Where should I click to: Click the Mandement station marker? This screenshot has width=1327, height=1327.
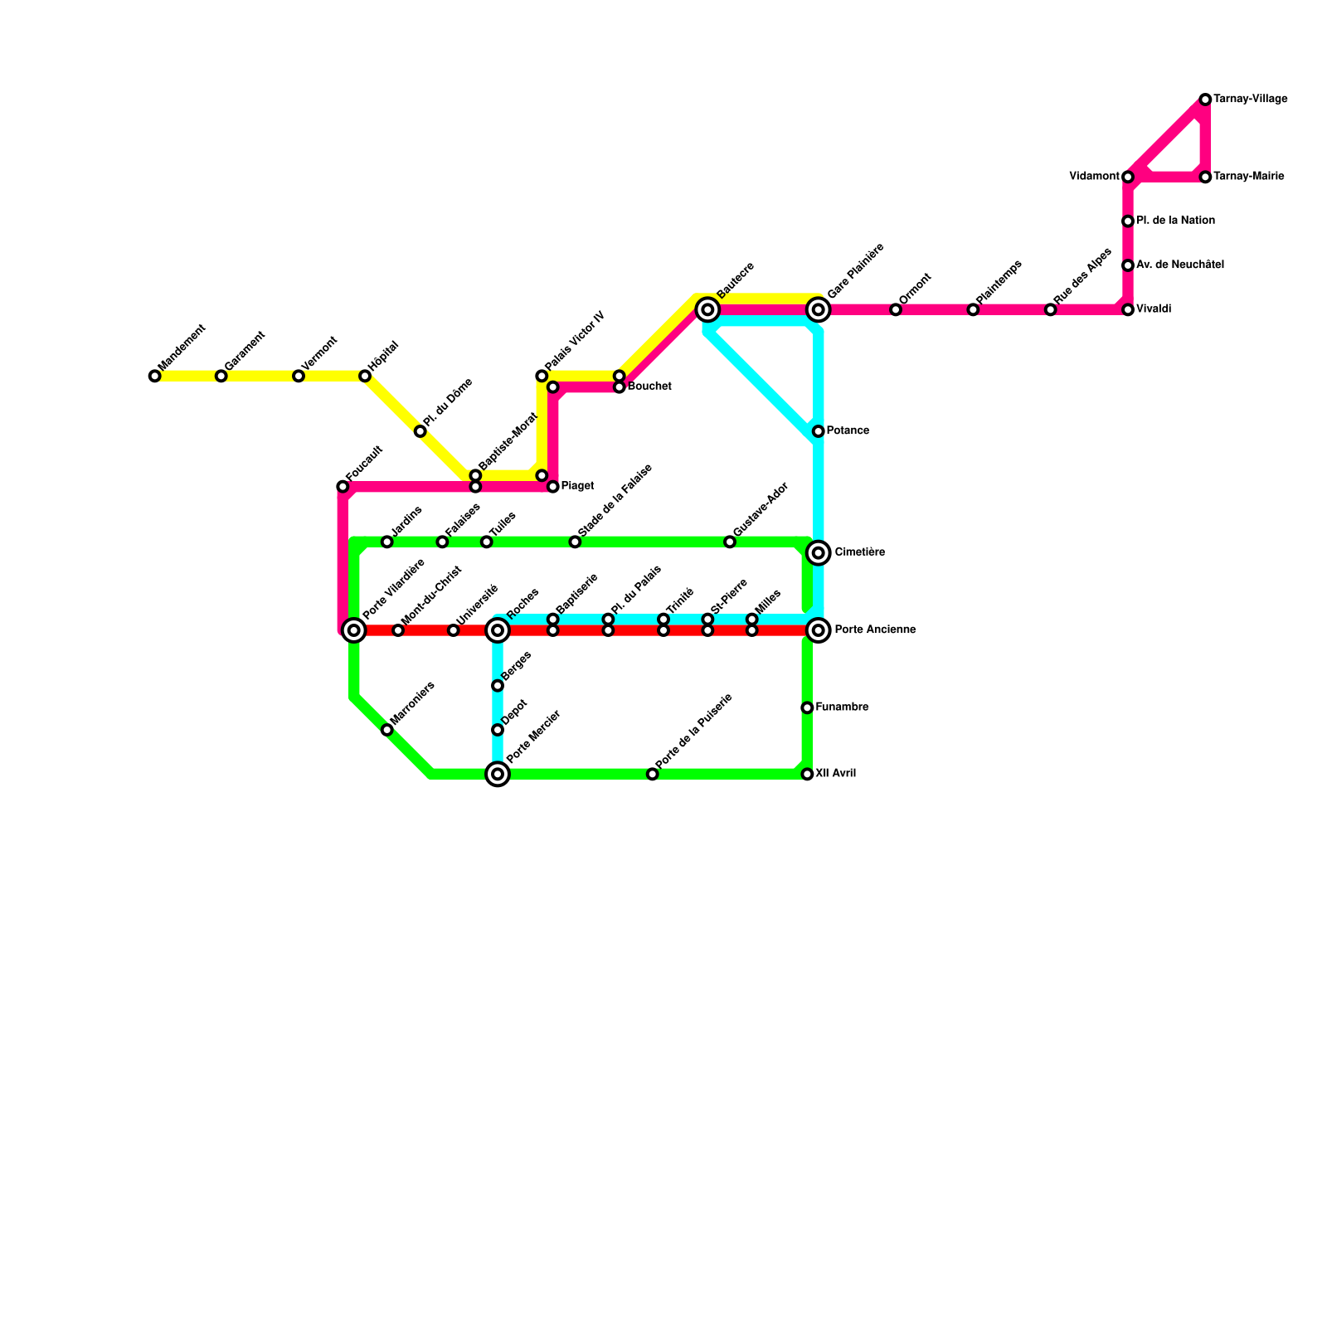tap(154, 377)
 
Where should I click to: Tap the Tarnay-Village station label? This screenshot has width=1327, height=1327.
tap(1250, 100)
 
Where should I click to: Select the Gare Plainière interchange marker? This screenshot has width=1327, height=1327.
tap(819, 310)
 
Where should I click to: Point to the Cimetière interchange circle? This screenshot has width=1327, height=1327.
tap(819, 553)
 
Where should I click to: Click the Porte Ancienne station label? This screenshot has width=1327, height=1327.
tap(875, 630)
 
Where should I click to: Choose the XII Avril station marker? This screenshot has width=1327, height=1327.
tap(807, 775)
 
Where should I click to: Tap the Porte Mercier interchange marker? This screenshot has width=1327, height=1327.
tap(498, 775)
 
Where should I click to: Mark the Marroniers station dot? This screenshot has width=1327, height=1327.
tap(386, 730)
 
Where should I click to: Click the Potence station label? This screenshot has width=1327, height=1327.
tap(848, 431)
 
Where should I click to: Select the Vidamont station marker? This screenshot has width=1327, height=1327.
tap(1128, 177)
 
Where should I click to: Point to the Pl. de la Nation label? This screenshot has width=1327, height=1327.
tap(1175, 221)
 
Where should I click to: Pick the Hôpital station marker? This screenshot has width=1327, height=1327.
tap(365, 377)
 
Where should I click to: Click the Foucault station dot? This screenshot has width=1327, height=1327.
tap(343, 487)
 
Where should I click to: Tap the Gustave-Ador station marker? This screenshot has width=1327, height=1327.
tap(730, 542)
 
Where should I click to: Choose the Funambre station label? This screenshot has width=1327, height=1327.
tap(842, 707)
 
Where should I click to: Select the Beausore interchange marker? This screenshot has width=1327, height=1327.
tap(707, 310)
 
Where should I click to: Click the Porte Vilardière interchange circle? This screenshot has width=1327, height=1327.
tap(354, 630)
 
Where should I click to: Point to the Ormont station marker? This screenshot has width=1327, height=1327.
tap(896, 310)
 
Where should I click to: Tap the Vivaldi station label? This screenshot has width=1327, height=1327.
tap(1154, 309)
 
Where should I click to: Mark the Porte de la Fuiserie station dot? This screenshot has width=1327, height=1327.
tap(653, 775)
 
